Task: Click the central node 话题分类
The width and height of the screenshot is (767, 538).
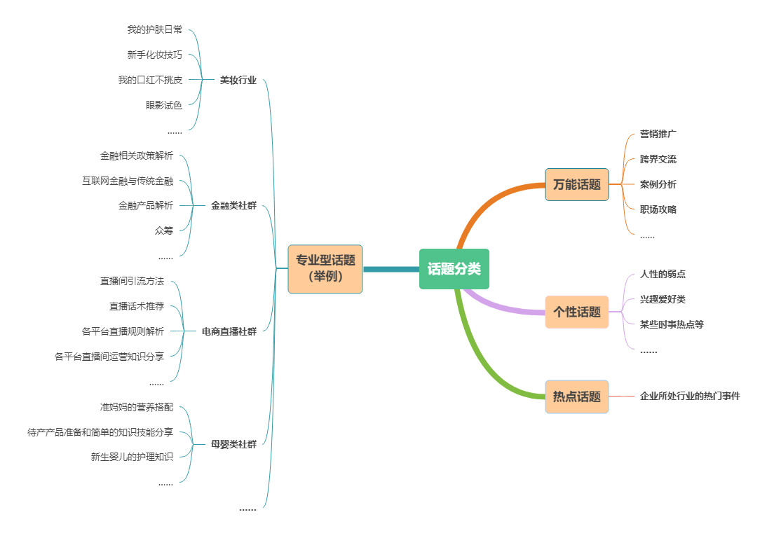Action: pos(454,269)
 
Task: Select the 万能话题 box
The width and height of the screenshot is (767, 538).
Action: pos(576,185)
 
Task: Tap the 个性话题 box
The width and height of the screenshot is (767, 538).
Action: pos(576,312)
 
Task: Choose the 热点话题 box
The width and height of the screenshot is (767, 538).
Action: pos(576,396)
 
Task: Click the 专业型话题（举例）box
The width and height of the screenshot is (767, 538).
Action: pos(325,268)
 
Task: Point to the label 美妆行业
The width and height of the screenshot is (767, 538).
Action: pos(238,80)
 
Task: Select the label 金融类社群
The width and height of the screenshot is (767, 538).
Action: pos(233,206)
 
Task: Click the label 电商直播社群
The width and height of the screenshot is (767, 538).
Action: pos(229,331)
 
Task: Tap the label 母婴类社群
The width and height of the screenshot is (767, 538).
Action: pos(233,443)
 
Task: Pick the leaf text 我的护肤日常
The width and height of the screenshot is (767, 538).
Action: pos(154,29)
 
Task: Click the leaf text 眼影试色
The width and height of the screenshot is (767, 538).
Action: pos(164,105)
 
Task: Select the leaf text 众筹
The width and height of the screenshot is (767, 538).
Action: pos(164,230)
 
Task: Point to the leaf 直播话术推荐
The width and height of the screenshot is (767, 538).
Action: pos(137,306)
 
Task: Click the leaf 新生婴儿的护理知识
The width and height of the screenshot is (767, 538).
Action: pos(132,457)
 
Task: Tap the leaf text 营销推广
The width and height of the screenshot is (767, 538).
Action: pos(658,134)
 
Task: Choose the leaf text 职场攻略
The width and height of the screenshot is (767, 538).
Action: pos(658,209)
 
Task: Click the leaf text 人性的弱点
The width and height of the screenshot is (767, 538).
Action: pos(663,274)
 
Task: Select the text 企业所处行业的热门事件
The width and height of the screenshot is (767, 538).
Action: pos(690,396)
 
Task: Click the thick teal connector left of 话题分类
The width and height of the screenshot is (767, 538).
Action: pos(391,269)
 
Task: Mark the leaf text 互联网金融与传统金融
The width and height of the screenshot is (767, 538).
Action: pos(127,181)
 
